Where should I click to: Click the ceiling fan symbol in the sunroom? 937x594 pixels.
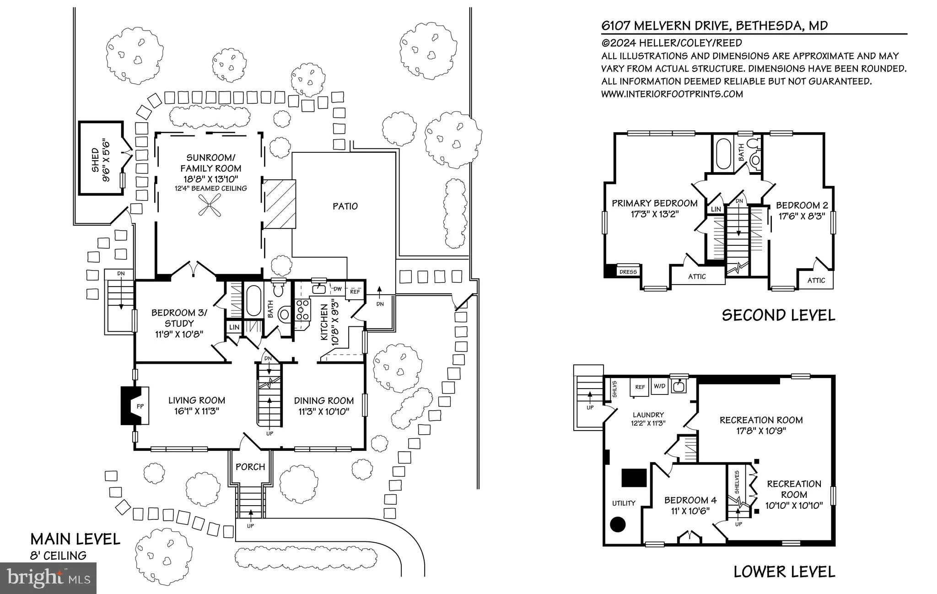[x=210, y=204]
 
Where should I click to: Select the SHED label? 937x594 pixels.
[x=95, y=159]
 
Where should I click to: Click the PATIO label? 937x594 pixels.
[x=345, y=206]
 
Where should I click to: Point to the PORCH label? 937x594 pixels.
[x=250, y=467]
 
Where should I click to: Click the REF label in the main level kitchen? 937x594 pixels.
[x=355, y=292]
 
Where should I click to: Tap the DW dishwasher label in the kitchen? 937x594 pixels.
[x=338, y=289]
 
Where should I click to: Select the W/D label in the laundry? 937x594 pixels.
[x=659, y=386]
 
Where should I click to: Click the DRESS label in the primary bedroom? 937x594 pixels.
[x=628, y=272]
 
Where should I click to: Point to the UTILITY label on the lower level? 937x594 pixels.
[x=624, y=503]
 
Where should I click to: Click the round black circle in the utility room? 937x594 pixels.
[x=619, y=524]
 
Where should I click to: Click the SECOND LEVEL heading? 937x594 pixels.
[x=778, y=315]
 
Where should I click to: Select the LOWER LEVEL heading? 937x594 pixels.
[x=784, y=572]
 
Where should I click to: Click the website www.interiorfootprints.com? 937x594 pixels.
[x=672, y=94]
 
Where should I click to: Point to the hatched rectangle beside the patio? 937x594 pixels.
[x=279, y=204]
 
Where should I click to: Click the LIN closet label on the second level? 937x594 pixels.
[x=716, y=209]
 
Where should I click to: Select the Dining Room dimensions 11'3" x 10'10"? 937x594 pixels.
[x=324, y=411]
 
